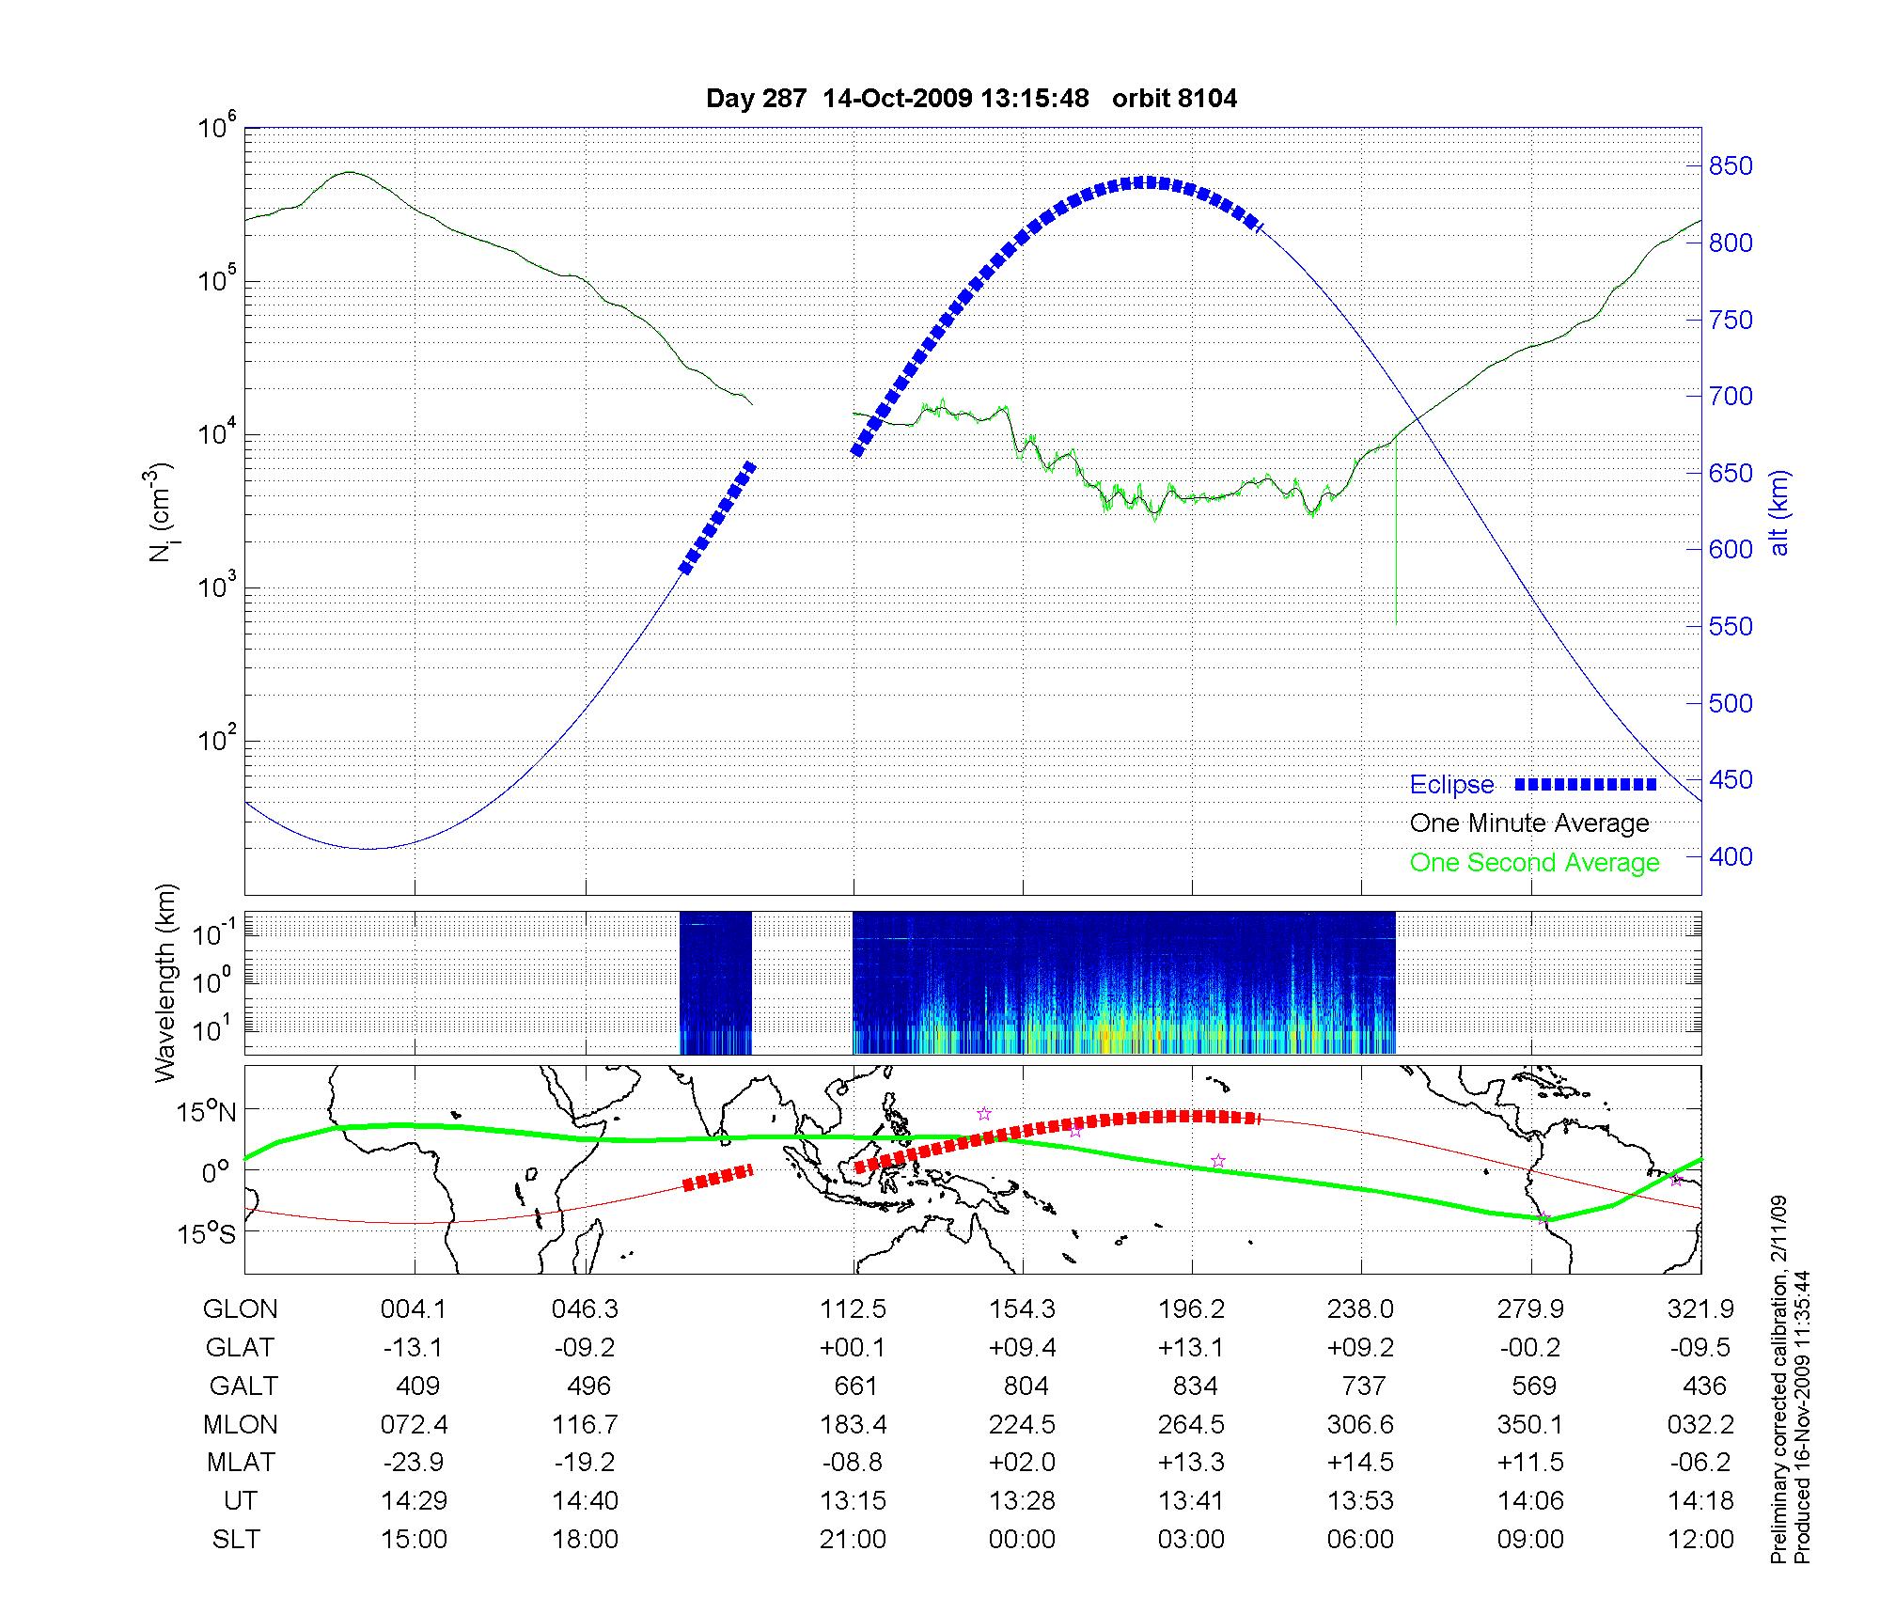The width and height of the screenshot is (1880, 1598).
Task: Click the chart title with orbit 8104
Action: coord(971,99)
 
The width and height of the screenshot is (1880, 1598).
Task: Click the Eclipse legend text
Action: coord(1451,785)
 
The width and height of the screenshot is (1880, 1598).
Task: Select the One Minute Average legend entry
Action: coord(1529,823)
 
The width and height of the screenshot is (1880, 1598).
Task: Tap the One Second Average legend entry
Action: coord(1534,863)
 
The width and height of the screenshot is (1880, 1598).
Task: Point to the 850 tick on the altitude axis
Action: coord(1730,166)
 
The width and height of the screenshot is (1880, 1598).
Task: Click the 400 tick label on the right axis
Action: coord(1730,857)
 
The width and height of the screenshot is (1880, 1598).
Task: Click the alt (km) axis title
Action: coord(1779,512)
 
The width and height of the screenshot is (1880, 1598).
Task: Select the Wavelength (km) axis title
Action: coord(165,983)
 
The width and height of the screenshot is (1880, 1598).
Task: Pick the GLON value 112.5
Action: coord(854,1309)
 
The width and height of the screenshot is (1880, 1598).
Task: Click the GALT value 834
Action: coord(1195,1386)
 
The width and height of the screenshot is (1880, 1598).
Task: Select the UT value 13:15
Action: coord(854,1501)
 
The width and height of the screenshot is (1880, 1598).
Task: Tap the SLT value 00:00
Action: coord(1022,1540)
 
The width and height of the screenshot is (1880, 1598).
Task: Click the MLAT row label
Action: coord(241,1463)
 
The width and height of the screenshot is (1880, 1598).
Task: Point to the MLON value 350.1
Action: coord(1530,1425)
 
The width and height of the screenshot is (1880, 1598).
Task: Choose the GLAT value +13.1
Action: coord(1191,1348)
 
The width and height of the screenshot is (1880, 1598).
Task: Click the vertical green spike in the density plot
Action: coord(1396,536)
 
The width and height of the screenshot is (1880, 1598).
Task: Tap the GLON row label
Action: coord(241,1309)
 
